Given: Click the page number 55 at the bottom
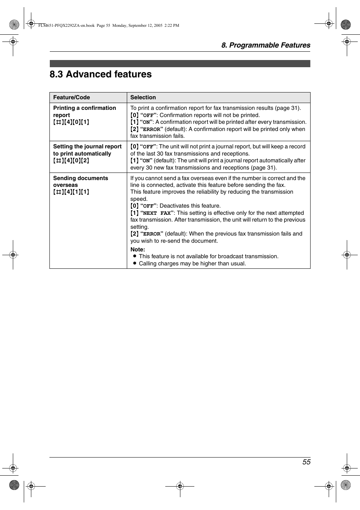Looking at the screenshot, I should click(306, 462).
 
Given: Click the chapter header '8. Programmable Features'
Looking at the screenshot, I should click(266, 45).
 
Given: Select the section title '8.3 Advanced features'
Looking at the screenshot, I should click(101, 74).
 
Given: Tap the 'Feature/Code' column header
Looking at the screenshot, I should click(71, 97).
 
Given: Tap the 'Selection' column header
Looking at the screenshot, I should click(143, 97).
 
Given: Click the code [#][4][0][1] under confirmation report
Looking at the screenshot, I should click(71, 122).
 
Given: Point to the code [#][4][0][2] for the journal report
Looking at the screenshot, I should click(71, 161).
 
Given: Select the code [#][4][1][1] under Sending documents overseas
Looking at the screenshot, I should click(71, 192).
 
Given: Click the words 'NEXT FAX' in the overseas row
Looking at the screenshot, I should click(157, 213).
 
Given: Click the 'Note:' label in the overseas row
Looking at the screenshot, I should click(138, 250).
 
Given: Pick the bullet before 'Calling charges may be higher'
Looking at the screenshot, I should click(134, 263).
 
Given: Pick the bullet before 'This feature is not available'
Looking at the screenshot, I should click(134, 256).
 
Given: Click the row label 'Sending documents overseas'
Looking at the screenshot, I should click(80, 182).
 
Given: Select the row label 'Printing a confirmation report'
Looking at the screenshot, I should click(84, 111).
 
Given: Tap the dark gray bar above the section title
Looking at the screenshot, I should click(180, 63).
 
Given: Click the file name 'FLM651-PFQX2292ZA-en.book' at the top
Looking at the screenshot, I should click(66, 26).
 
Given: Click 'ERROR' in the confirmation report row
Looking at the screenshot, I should click(151, 129).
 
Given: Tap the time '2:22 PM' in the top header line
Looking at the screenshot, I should click(172, 26).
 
